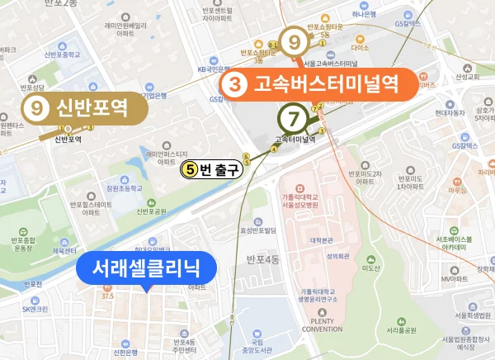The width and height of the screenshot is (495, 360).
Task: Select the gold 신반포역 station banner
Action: coord(82,107)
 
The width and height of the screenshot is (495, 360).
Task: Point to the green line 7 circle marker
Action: coord(294,116)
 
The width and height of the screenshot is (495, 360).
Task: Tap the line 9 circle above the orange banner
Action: coord(293,41)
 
